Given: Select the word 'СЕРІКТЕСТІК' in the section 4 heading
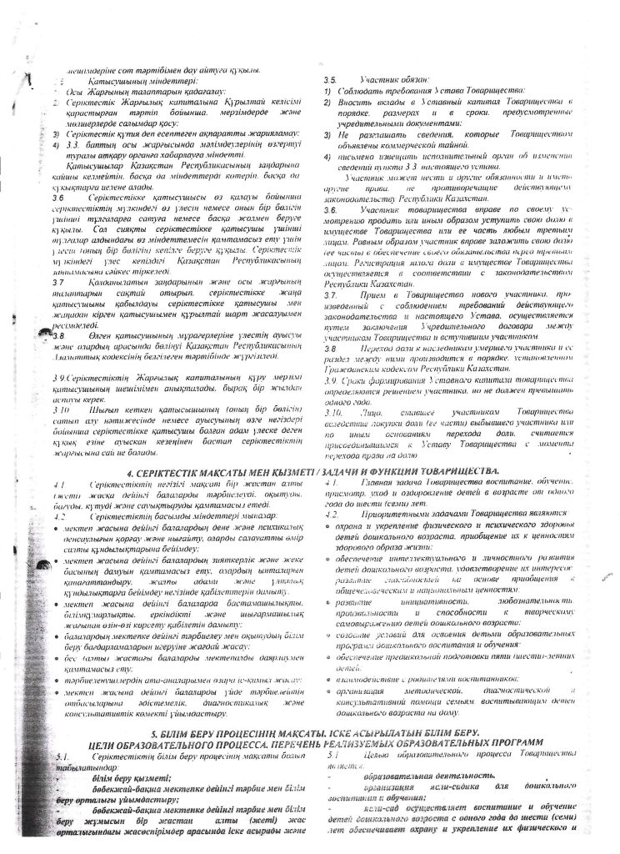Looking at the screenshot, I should pyautogui.click(x=176, y=472).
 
